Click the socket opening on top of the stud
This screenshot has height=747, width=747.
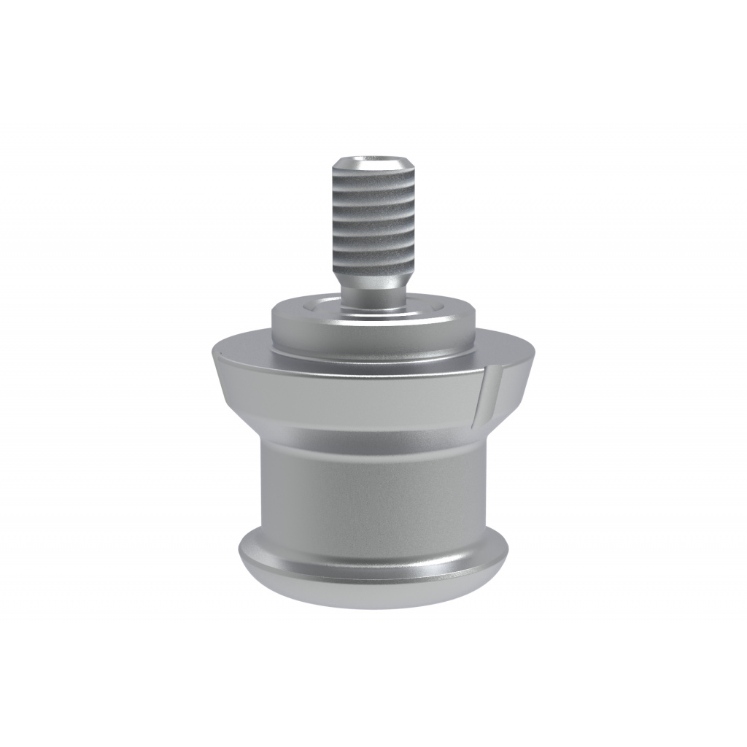tap(373, 161)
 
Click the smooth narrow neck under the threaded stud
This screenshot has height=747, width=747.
tap(373, 295)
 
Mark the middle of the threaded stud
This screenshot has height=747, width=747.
tap(373, 219)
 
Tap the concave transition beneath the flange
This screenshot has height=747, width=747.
tap(373, 438)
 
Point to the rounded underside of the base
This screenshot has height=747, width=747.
tap(373, 595)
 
